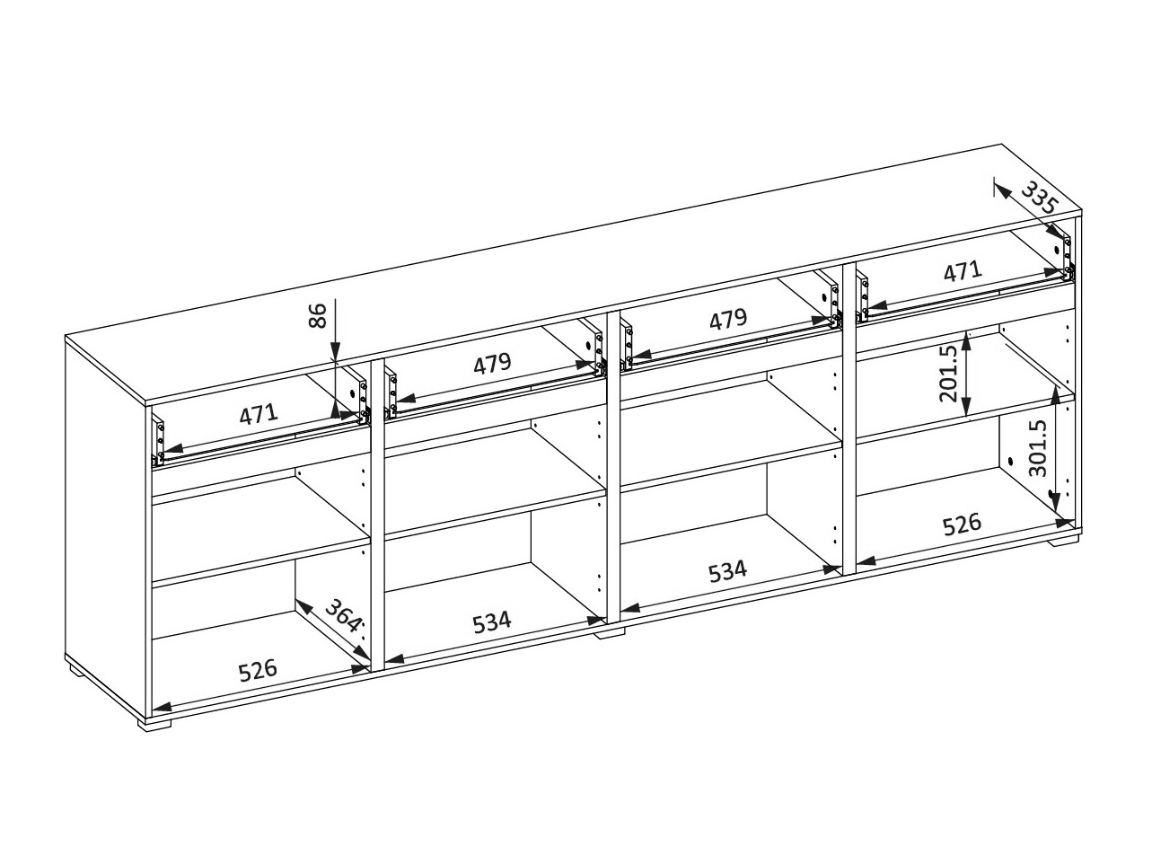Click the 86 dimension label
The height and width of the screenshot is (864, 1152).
pyautogui.click(x=317, y=315)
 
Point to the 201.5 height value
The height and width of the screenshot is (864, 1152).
pyautogui.click(x=948, y=374)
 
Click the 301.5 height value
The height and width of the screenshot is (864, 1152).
pyautogui.click(x=1038, y=448)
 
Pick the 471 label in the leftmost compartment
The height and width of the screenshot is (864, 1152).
pyautogui.click(x=259, y=415)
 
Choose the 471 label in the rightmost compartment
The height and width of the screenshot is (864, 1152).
pyautogui.click(x=963, y=271)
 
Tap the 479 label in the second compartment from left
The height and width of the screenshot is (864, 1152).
pyautogui.click(x=492, y=363)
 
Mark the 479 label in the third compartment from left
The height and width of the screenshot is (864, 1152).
pyautogui.click(x=727, y=319)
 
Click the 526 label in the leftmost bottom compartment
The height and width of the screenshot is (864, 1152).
pyautogui.click(x=257, y=671)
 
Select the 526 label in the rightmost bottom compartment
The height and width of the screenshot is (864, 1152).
pyautogui.click(x=962, y=525)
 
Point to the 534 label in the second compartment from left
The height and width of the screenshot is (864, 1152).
pyautogui.click(x=492, y=622)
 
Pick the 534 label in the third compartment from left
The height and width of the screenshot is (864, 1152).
pyautogui.click(x=727, y=572)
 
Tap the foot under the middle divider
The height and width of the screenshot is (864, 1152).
pyautogui.click(x=611, y=633)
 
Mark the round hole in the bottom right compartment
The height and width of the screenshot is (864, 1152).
pyautogui.click(x=1009, y=463)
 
